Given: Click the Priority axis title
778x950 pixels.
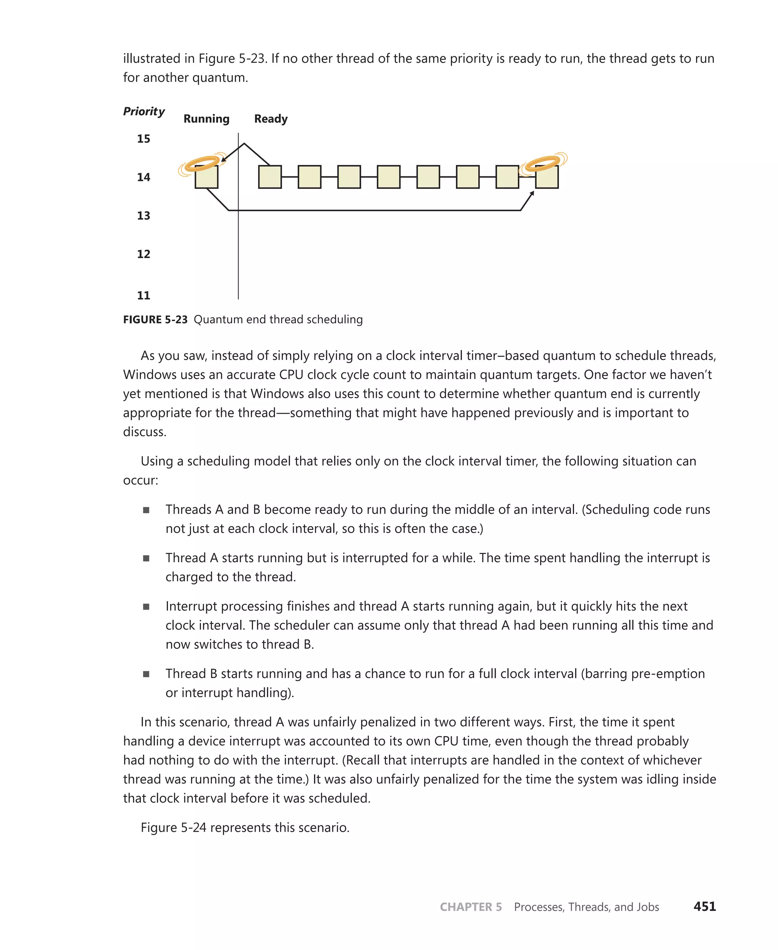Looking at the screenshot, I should click(144, 111).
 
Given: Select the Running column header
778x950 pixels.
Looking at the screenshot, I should click(206, 119).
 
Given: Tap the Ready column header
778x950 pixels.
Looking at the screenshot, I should click(271, 119).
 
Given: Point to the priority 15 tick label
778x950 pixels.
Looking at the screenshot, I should click(144, 139).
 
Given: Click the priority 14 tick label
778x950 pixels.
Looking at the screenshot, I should click(144, 177).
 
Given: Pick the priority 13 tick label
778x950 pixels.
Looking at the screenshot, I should click(144, 215).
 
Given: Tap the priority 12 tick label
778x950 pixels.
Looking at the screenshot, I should click(144, 254).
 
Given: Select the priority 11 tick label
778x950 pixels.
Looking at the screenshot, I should click(144, 295).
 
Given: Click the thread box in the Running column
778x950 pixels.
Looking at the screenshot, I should click(206, 178).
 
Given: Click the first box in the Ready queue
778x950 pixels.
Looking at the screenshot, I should click(270, 177).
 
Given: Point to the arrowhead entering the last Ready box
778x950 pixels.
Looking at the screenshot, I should click(532, 194).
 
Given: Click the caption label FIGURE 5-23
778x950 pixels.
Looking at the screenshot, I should click(155, 320).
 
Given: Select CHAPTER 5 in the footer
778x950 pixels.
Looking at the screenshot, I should click(471, 907).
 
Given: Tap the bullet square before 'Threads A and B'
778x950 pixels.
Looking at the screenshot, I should click(146, 510).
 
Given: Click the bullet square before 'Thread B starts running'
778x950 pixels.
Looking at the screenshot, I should click(146, 674).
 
